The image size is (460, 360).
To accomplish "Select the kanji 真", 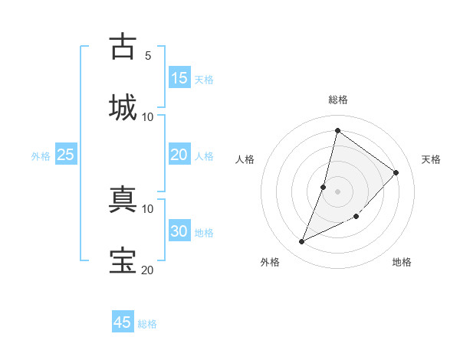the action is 123,198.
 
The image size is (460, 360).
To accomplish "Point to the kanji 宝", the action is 123,260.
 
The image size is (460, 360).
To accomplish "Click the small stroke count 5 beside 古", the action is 147,55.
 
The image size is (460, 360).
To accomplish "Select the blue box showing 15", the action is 179,78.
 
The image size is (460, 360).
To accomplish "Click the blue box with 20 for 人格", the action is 179,155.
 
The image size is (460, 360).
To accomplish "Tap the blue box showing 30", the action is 179,231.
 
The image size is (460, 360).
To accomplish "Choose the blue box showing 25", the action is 66,155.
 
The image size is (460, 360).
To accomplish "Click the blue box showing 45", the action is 123,322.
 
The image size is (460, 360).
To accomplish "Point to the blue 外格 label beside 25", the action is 41,156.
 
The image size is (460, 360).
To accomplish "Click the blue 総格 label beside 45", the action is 147,324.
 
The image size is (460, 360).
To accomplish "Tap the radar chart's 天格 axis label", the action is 431,159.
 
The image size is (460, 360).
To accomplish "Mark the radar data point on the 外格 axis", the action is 302,242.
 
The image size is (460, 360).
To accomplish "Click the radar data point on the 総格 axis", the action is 337,130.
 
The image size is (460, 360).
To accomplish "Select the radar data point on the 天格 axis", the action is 396,172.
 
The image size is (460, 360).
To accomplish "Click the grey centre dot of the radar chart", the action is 337,191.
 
